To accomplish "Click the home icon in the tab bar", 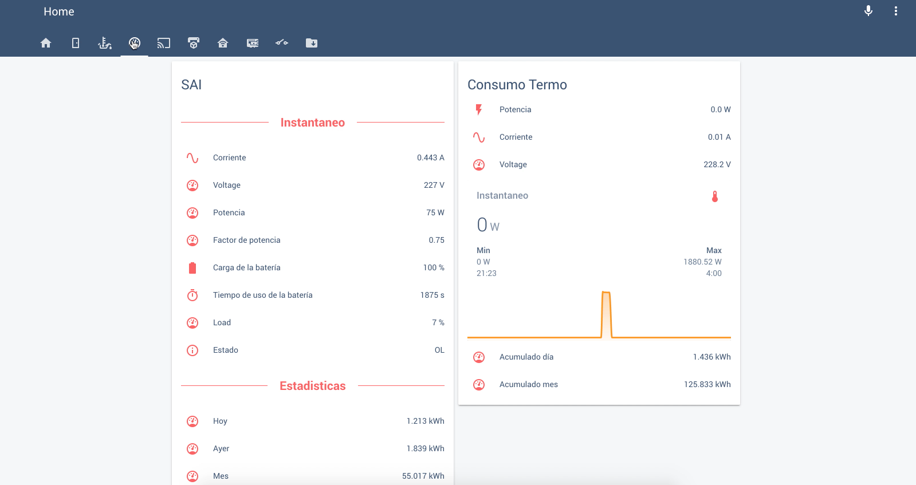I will pyautogui.click(x=46, y=43).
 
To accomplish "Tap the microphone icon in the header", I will pyautogui.click(x=868, y=11).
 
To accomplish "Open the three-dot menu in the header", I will pyautogui.click(x=896, y=11).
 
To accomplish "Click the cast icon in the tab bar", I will pyautogui.click(x=164, y=43).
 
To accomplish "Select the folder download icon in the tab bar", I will pyautogui.click(x=312, y=43).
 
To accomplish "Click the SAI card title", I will pyautogui.click(x=191, y=85).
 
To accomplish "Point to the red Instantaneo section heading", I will pyautogui.click(x=312, y=123).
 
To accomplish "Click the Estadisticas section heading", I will pyautogui.click(x=312, y=386).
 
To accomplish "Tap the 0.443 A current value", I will pyautogui.click(x=430, y=157).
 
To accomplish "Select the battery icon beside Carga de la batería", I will pyautogui.click(x=192, y=267).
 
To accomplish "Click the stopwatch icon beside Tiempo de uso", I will pyautogui.click(x=192, y=295).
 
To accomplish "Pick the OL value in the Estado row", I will pyautogui.click(x=439, y=350).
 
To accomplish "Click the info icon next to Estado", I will pyautogui.click(x=192, y=350).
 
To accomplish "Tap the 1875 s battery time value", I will pyautogui.click(x=432, y=295).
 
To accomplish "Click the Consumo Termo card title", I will pyautogui.click(x=517, y=85).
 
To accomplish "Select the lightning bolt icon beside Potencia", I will pyautogui.click(x=479, y=109).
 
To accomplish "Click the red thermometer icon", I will pyautogui.click(x=714, y=196).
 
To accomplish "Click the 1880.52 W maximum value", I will pyautogui.click(x=702, y=262).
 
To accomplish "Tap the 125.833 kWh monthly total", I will pyautogui.click(x=707, y=384).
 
